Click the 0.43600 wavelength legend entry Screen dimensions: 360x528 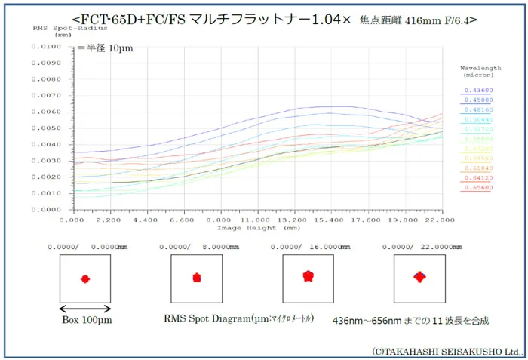pos(476,90)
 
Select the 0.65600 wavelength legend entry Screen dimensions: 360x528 pos(476,187)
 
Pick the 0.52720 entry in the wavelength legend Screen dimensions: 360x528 pos(476,129)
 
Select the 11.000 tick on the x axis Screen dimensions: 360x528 pos(256,220)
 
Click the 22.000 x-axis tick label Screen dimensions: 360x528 pos(440,220)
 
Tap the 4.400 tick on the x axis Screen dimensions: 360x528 pos(145,220)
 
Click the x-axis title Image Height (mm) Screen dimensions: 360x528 pos(256,227)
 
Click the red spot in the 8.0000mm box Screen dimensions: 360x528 pos(197,278)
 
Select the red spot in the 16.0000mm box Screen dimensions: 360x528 pos(308,276)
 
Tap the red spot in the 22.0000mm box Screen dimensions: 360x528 pos(419,277)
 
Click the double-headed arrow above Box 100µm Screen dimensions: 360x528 pos(85,308)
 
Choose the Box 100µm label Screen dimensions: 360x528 pos(86,320)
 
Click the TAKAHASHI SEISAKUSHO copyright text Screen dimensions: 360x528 pos(447,351)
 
